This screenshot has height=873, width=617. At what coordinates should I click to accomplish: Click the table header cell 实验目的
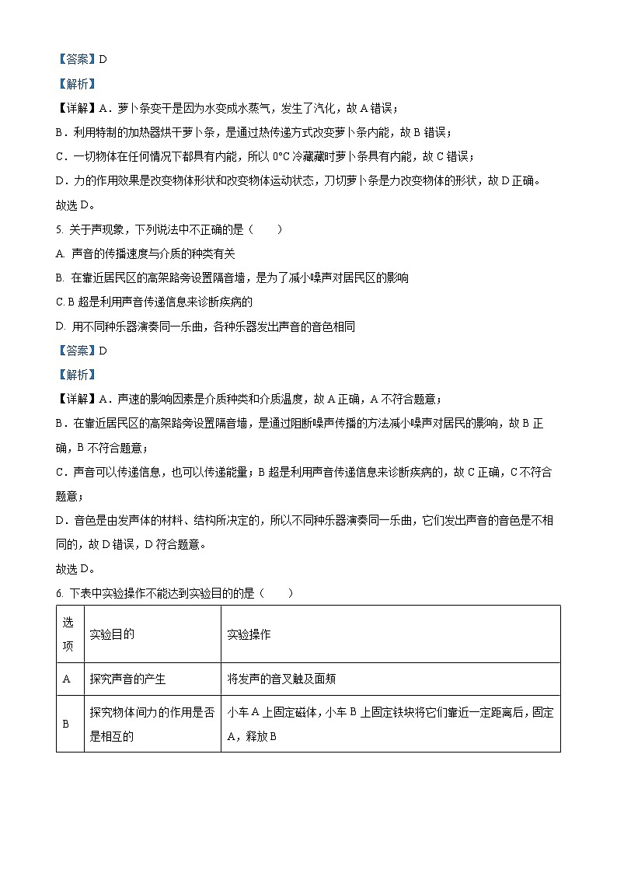(x=112, y=634)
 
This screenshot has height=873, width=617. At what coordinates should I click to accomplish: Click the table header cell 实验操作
(x=249, y=634)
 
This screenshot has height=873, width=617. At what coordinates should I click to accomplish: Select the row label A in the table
(x=67, y=679)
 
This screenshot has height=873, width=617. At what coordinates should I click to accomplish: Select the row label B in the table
(x=67, y=724)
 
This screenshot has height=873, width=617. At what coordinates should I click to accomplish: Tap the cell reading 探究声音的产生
(x=127, y=679)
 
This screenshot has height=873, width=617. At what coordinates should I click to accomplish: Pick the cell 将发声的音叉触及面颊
(x=281, y=679)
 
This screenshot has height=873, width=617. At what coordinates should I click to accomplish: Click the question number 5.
(x=59, y=229)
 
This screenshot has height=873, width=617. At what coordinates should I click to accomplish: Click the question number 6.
(x=59, y=594)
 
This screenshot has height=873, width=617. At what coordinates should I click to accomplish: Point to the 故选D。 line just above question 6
(x=75, y=570)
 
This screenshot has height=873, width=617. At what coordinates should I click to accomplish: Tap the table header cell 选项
(x=68, y=634)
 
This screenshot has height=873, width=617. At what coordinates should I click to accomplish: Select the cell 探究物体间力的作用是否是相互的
(x=152, y=724)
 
